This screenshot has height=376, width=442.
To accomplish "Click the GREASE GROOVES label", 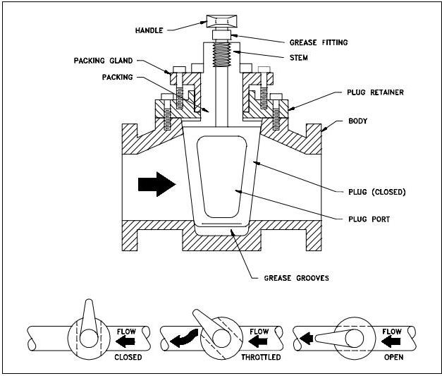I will coord(295,277).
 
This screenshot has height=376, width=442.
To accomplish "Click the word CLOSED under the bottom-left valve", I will coord(128,356).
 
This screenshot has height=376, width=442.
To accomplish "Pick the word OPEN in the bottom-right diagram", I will coord(393,356).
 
